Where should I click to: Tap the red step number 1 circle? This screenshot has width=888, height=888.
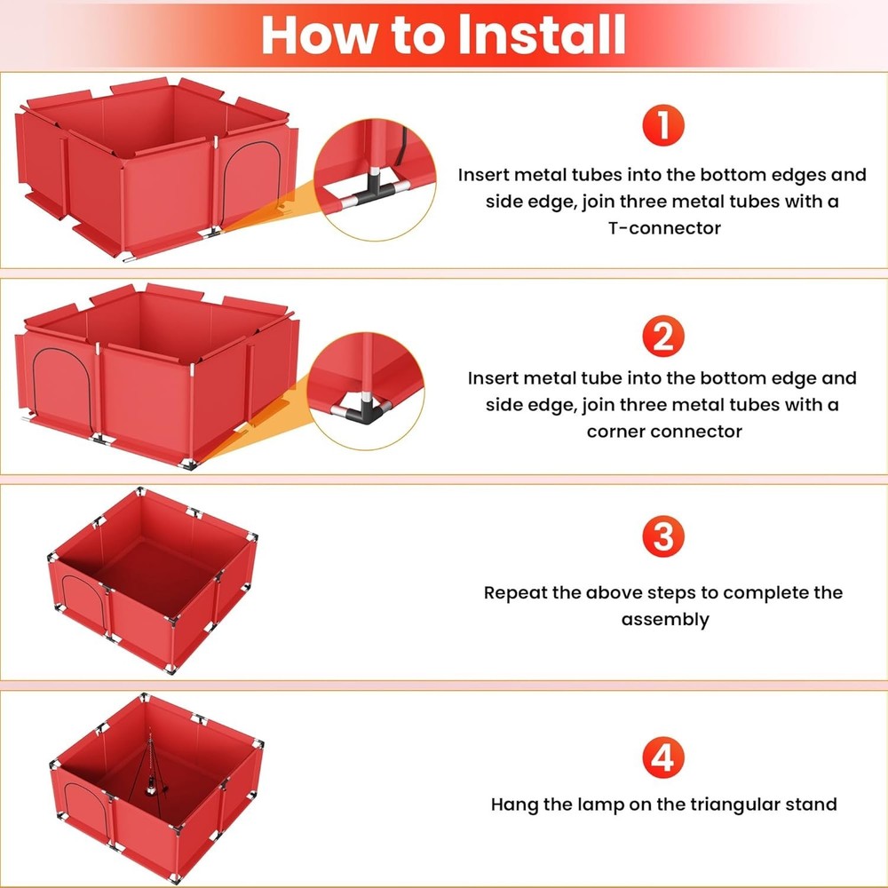pyautogui.click(x=662, y=126)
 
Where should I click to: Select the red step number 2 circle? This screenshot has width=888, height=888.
pyautogui.click(x=662, y=337)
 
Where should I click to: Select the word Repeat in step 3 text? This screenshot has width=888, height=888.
pyautogui.click(x=515, y=592)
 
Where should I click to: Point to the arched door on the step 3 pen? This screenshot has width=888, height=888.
pyautogui.click(x=78, y=600)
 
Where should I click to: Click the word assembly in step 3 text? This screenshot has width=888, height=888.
pyautogui.click(x=665, y=619)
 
